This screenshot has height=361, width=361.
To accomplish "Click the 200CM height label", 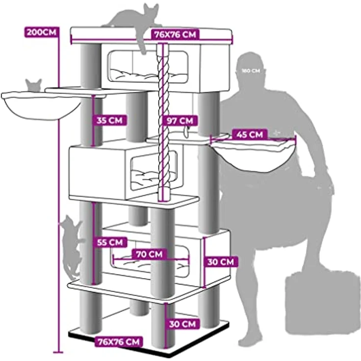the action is [x=41, y=32].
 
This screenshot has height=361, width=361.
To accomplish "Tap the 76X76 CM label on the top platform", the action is [x=175, y=34].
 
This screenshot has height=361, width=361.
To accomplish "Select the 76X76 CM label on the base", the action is [x=119, y=342].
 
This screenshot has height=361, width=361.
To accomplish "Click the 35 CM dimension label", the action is [x=109, y=120].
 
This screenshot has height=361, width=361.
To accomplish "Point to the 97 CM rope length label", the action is [x=180, y=120].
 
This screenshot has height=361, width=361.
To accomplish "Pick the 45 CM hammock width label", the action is [x=250, y=134].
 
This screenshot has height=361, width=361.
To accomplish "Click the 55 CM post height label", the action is [x=110, y=242].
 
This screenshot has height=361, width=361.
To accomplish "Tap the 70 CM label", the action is [x=150, y=255].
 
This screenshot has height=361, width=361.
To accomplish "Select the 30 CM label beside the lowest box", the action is [x=221, y=261].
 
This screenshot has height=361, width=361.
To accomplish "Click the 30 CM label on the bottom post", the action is [x=182, y=324].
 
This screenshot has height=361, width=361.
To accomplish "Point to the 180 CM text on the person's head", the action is [x=251, y=71].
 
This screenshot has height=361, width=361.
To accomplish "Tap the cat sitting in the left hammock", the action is [x=34, y=85].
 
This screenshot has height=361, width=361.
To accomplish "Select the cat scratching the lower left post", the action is [x=72, y=246].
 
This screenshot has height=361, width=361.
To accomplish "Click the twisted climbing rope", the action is [x=163, y=122].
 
